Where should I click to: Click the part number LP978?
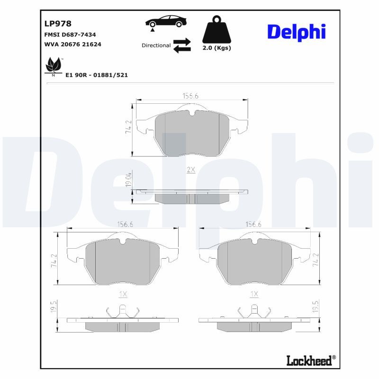(58, 24)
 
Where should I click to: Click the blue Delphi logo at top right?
(297, 31)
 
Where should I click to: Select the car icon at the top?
(166, 22)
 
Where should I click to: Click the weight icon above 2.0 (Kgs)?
(217, 30)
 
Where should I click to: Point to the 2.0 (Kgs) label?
(217, 48)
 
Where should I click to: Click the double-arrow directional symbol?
(182, 45)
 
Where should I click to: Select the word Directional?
(156, 45)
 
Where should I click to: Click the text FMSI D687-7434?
(70, 35)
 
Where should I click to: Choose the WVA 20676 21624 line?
(72, 44)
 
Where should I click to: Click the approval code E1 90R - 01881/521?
(97, 75)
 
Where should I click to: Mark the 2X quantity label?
(191, 169)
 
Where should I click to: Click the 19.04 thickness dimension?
(127, 179)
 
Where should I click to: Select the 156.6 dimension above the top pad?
(190, 96)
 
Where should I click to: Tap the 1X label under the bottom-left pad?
(123, 294)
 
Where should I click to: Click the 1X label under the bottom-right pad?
(254, 294)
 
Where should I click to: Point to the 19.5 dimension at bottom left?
(54, 307)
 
